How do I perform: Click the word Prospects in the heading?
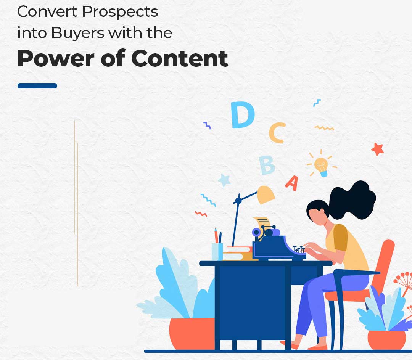pyautogui.click(x=120, y=12)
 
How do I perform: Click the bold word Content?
pyautogui.click(x=179, y=58)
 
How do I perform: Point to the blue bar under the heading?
pyautogui.click(x=37, y=85)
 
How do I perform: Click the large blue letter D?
pyautogui.click(x=242, y=115)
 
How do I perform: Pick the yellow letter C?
pyautogui.click(x=277, y=133)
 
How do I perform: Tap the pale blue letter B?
pyautogui.click(x=267, y=165)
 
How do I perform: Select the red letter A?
pyautogui.click(x=292, y=183)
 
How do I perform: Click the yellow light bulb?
pyautogui.click(x=321, y=166)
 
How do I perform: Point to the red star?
pyautogui.click(x=378, y=149)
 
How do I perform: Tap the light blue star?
pyautogui.click(x=224, y=180)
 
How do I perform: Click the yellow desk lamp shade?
pyautogui.click(x=266, y=194)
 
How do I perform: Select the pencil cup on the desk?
pyautogui.click(x=217, y=252)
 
